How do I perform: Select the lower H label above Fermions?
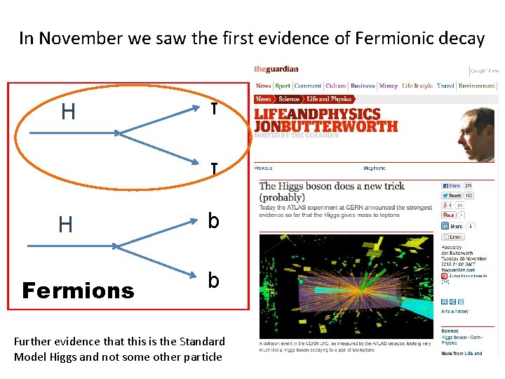pos(65,225)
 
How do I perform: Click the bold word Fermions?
pos(78,291)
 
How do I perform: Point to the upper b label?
pos(213,221)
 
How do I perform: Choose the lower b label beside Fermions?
pos(213,280)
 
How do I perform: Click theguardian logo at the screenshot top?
pos(276,69)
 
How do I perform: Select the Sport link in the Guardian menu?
pos(283,86)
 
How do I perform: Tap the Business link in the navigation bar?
pos(363,86)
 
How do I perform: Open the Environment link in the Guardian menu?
pos(476,86)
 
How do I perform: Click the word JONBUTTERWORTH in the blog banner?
pos(325,127)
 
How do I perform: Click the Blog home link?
pos(374,168)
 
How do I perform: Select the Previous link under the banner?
pos(263,168)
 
